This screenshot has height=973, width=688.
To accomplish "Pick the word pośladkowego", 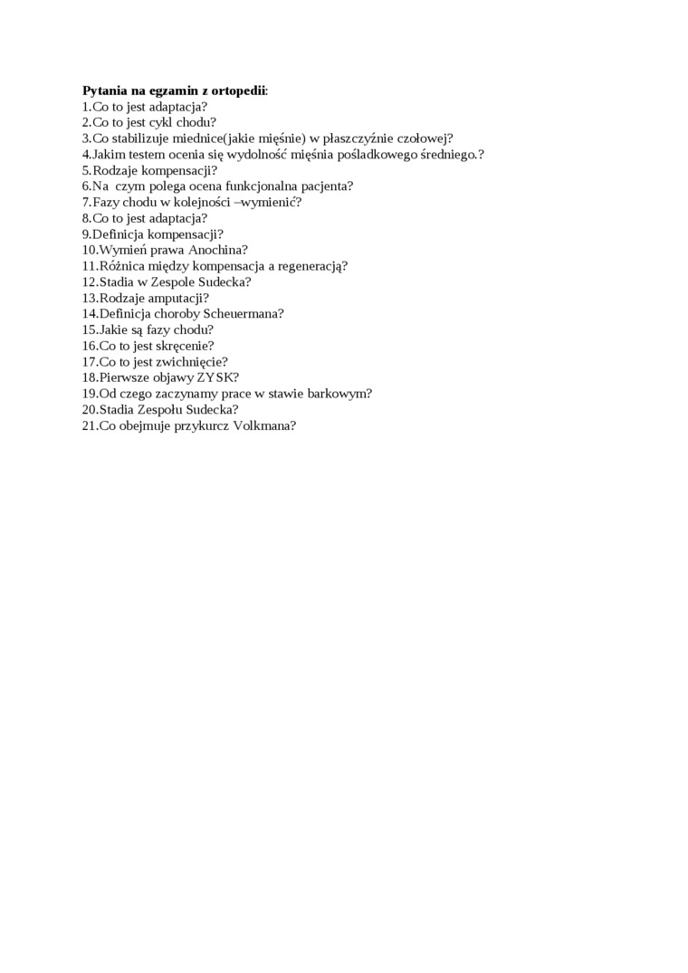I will (x=381, y=155).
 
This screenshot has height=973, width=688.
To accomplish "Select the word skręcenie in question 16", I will (x=185, y=346).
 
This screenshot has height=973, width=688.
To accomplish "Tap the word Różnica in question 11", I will (x=122, y=266).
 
